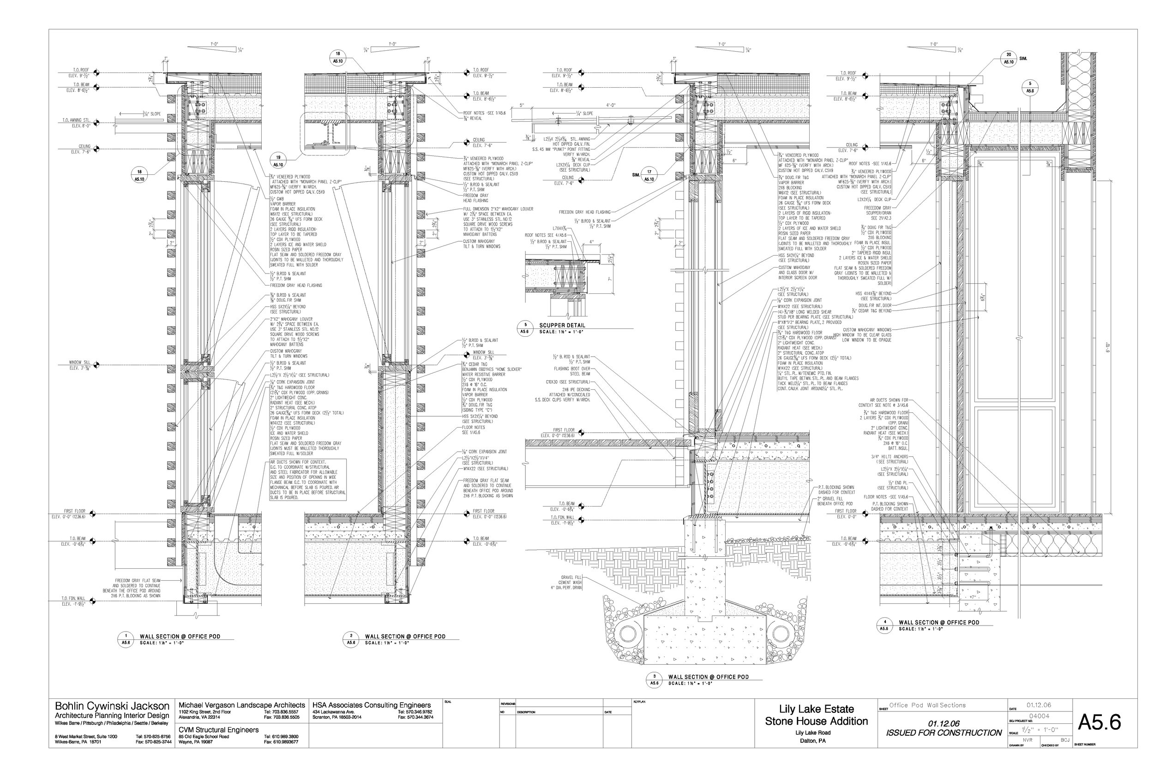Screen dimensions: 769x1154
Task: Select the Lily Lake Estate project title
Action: coord(817,709)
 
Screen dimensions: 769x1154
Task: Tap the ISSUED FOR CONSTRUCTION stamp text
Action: coord(944,733)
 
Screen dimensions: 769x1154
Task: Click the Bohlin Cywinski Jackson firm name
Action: coord(112,706)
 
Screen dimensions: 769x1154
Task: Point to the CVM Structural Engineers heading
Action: coord(218,730)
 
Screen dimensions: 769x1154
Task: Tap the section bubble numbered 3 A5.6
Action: coord(654,679)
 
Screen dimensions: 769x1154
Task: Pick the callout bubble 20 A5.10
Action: coord(1009,59)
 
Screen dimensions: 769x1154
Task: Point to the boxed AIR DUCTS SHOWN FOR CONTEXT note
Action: coord(307,480)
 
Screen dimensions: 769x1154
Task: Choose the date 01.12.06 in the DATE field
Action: coord(1038,705)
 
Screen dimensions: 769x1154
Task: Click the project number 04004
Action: coord(1038,716)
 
